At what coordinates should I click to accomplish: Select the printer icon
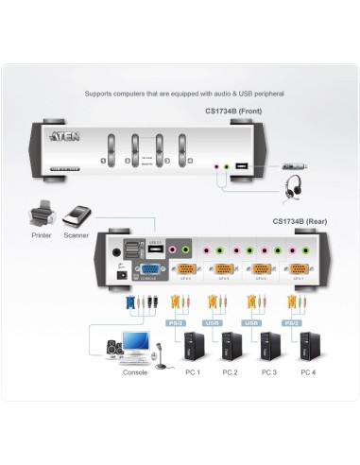[43, 211]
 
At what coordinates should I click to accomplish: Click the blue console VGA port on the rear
[148, 272]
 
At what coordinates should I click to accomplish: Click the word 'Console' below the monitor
[135, 372]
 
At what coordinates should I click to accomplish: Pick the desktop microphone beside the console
[162, 354]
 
